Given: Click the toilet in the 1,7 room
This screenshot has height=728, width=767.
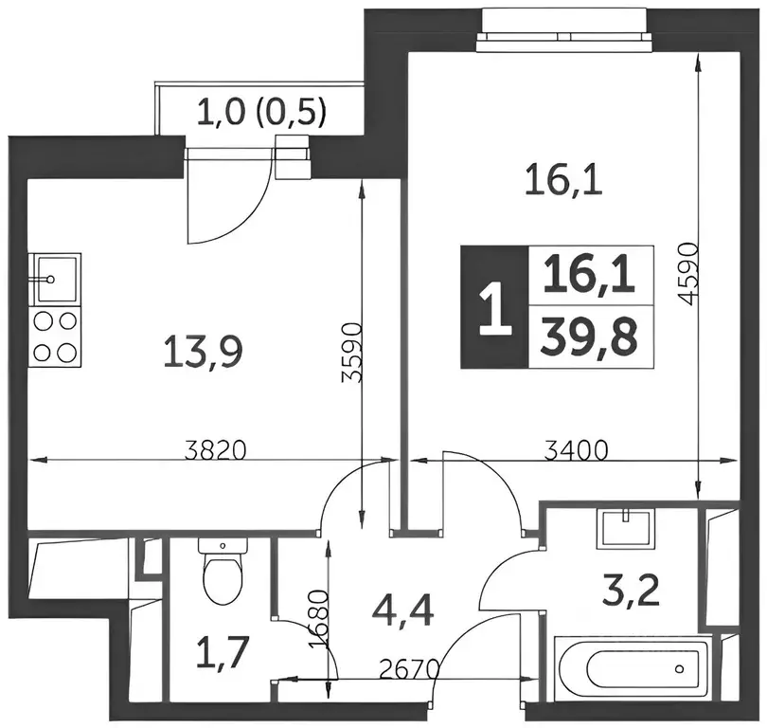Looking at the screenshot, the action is pyautogui.click(x=223, y=572).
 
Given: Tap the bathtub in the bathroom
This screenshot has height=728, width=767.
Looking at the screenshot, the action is pyautogui.click(x=632, y=669).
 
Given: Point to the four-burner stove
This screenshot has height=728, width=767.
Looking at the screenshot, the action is pyautogui.click(x=55, y=337).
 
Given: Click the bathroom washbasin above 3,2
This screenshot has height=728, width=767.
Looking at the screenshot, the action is pyautogui.click(x=626, y=528).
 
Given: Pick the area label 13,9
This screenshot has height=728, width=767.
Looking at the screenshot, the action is pyautogui.click(x=203, y=351).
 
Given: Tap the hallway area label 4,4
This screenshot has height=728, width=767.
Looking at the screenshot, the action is pyautogui.click(x=402, y=611).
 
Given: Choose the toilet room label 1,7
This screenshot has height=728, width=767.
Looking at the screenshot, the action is pyautogui.click(x=223, y=651).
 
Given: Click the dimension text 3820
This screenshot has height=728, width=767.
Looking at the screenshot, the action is pyautogui.click(x=215, y=450).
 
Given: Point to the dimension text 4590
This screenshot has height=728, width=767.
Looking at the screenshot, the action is pyautogui.click(x=687, y=273).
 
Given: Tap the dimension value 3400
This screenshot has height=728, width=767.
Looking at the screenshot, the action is pyautogui.click(x=577, y=450).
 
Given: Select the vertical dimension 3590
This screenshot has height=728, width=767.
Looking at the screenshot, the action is pyautogui.click(x=351, y=352).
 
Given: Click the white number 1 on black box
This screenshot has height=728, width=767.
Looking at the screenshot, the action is pyautogui.click(x=495, y=307).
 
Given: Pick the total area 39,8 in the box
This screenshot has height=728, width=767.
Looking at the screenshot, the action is pyautogui.click(x=589, y=337).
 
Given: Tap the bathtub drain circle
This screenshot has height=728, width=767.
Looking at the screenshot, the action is pyautogui.click(x=679, y=669).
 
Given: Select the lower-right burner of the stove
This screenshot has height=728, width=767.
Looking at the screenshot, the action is pyautogui.click(x=67, y=352).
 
